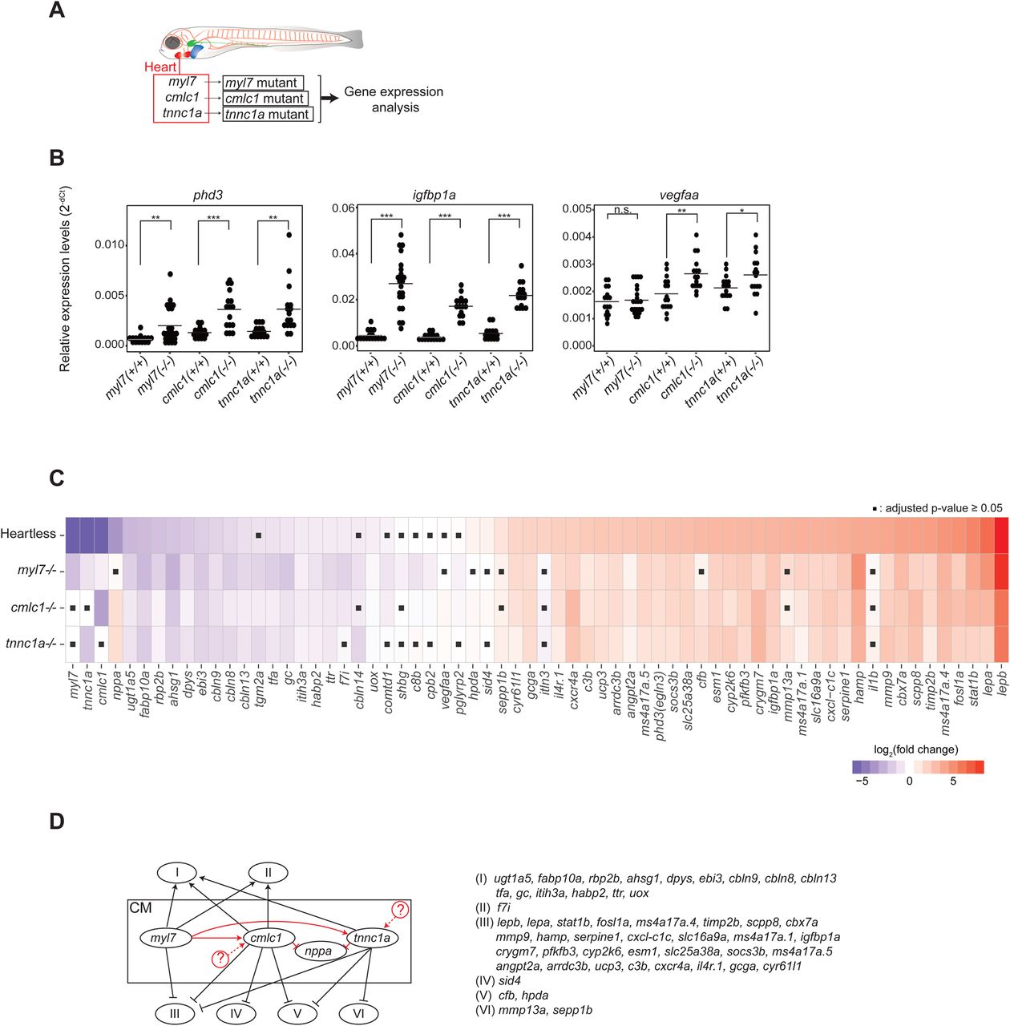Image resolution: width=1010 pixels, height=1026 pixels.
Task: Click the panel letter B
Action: tap(56, 158)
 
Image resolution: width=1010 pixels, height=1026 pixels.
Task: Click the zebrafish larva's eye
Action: tap(172, 43)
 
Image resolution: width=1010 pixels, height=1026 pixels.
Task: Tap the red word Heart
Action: tap(160, 67)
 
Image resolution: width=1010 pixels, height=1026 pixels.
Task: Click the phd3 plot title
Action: tap(208, 195)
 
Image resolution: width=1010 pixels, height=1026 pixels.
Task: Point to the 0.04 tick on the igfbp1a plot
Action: tap(343, 253)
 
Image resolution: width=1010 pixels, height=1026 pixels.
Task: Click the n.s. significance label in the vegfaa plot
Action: tap(622, 210)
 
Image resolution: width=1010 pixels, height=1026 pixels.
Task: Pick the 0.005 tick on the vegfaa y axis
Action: tap(577, 208)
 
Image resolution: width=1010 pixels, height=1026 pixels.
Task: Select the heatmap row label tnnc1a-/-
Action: tap(31, 643)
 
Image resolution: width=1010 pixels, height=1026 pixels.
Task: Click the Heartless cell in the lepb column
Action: tap(1001, 535)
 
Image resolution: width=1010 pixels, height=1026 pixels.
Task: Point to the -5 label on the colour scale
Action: tap(862, 782)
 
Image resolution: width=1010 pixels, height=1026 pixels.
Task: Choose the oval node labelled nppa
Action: tap(318, 951)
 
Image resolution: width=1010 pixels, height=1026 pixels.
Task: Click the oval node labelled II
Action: tap(268, 873)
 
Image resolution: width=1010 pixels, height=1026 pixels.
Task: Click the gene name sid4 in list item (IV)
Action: tap(510, 980)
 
